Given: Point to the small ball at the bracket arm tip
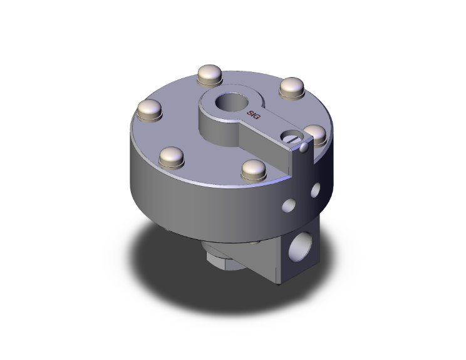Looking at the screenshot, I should point(304,148).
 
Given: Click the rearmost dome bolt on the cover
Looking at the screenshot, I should point(209,75).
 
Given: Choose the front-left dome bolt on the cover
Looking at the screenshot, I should point(170,155).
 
